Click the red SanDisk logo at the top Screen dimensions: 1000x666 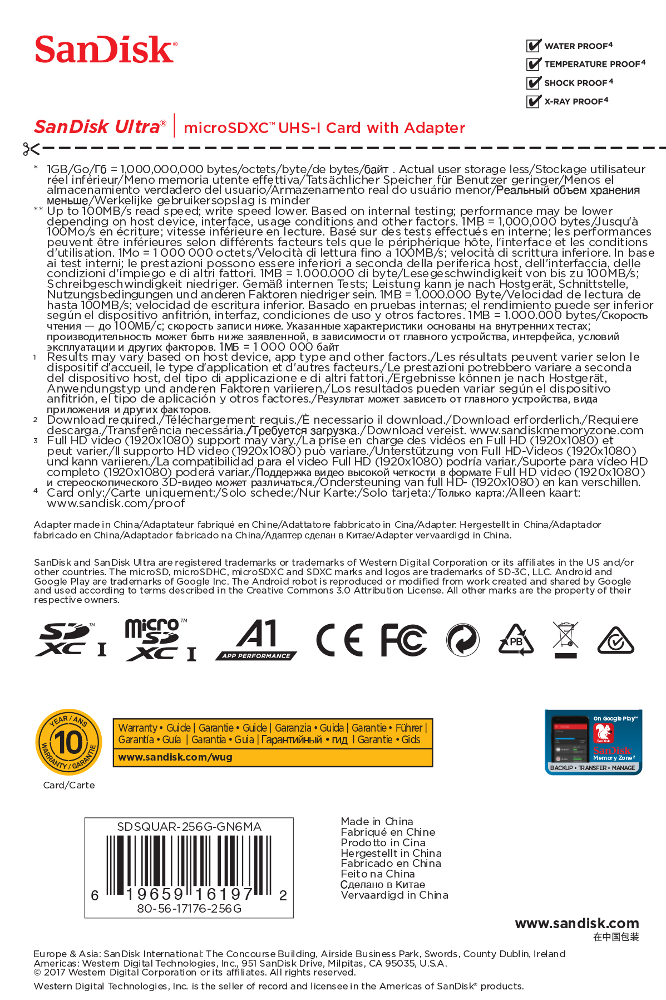coord(106,50)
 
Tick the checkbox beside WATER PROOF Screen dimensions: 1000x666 coord(533,46)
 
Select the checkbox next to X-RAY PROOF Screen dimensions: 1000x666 coord(533,101)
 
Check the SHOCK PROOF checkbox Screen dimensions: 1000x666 coord(533,83)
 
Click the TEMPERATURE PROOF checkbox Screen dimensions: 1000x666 coord(533,64)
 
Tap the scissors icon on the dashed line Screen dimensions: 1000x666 coord(31,149)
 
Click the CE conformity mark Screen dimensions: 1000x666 coord(339,640)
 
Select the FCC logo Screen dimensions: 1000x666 coord(403,640)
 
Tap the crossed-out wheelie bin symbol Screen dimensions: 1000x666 coord(565,639)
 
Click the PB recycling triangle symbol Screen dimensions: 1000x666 coord(516,640)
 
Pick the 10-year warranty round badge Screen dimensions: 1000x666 coord(68,742)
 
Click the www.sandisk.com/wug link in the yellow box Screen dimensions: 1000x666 coord(175,757)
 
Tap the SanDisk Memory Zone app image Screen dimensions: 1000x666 coord(593,742)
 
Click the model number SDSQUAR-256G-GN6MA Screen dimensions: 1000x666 coord(189,827)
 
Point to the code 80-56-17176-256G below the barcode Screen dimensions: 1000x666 coord(189,908)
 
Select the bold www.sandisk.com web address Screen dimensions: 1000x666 coord(577,923)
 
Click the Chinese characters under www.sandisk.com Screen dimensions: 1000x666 coord(616,937)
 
